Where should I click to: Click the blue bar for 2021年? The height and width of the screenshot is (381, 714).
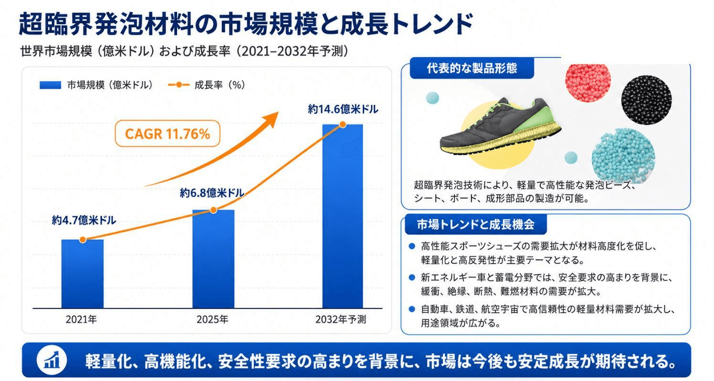(83, 274)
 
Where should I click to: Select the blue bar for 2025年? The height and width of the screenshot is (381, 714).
(213, 259)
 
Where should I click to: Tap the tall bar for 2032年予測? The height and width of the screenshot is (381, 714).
(343, 216)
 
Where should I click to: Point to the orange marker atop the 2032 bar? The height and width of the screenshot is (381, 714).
(343, 124)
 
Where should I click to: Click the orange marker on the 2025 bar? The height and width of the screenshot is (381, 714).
(213, 210)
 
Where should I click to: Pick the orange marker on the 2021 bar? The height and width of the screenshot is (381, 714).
(83, 239)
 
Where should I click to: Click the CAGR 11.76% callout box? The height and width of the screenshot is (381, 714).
(168, 134)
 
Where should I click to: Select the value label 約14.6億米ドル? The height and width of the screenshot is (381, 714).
(343, 109)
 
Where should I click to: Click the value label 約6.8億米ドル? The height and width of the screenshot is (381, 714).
(212, 193)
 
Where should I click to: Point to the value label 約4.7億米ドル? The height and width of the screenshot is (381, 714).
(84, 220)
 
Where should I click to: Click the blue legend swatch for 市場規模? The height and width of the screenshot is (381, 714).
(51, 85)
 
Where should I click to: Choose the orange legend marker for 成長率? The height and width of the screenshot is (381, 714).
(178, 85)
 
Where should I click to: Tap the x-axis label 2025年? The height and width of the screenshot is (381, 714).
(212, 319)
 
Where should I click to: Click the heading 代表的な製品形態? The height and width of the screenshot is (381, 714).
(472, 68)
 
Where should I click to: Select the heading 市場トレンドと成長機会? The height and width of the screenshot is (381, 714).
(475, 225)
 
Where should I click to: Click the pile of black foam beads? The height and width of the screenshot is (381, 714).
(646, 99)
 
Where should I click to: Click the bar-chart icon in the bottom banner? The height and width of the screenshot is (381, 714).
(52, 360)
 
